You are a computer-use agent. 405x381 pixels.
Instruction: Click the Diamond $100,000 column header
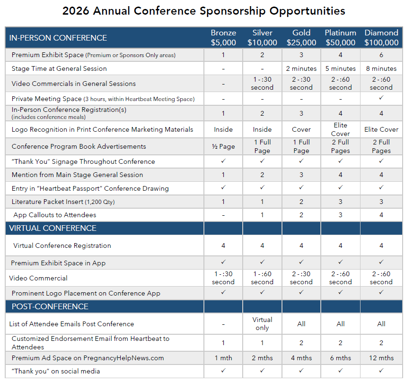[381, 38]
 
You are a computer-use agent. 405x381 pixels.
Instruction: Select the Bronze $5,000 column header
[223, 38]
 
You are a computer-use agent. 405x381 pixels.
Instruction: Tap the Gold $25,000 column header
[301, 38]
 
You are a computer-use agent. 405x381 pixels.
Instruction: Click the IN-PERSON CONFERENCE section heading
[58, 38]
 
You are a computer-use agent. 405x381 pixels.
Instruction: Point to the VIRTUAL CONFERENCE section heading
[53, 228]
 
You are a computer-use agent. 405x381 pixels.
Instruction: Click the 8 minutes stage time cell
[381, 68]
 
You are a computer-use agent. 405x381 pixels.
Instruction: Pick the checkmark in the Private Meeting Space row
[381, 99]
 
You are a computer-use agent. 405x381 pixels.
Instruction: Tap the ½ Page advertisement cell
[223, 146]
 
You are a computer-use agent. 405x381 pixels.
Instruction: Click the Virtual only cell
[262, 324]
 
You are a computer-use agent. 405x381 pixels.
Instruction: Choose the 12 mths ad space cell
[381, 358]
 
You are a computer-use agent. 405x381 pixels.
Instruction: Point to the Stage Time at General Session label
[59, 68]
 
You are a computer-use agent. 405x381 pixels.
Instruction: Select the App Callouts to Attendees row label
[55, 215]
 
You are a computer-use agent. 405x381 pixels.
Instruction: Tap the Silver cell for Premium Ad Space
[262, 358]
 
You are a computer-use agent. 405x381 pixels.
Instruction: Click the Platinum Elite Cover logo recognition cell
[340, 129]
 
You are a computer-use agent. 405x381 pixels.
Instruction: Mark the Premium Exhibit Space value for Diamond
[381, 55]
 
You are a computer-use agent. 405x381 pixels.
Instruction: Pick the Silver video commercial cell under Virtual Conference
[262, 278]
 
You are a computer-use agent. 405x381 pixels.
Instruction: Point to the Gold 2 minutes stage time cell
[301, 68]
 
